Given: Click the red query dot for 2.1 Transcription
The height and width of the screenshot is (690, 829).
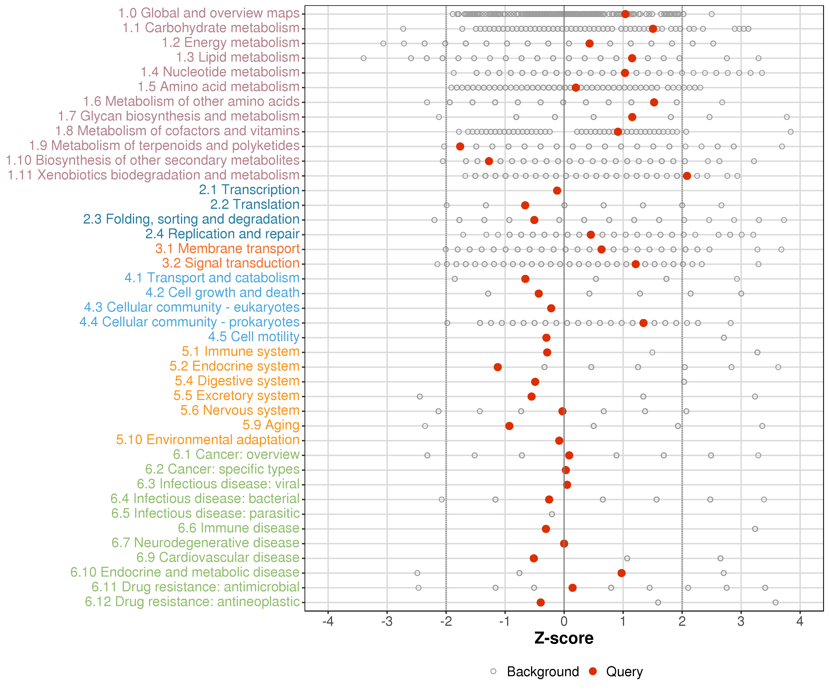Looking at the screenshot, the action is pyautogui.click(x=557, y=191).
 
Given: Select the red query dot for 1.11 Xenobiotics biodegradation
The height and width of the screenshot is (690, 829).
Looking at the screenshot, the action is pyautogui.click(x=687, y=176).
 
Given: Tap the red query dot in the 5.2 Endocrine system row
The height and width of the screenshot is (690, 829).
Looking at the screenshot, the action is pyautogui.click(x=498, y=367).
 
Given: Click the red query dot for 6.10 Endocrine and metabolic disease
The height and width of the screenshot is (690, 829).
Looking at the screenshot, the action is pyautogui.click(x=621, y=573).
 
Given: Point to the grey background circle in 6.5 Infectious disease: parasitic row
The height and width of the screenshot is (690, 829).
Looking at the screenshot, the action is pyautogui.click(x=552, y=514).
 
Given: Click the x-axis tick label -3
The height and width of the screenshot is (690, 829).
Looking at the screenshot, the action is pyautogui.click(x=387, y=621).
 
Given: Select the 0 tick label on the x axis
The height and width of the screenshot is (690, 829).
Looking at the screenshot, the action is pyautogui.click(x=564, y=621).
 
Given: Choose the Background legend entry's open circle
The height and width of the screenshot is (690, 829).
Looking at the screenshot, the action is pyautogui.click(x=493, y=671).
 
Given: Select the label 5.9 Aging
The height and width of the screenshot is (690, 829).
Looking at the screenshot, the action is pyautogui.click(x=271, y=425).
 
